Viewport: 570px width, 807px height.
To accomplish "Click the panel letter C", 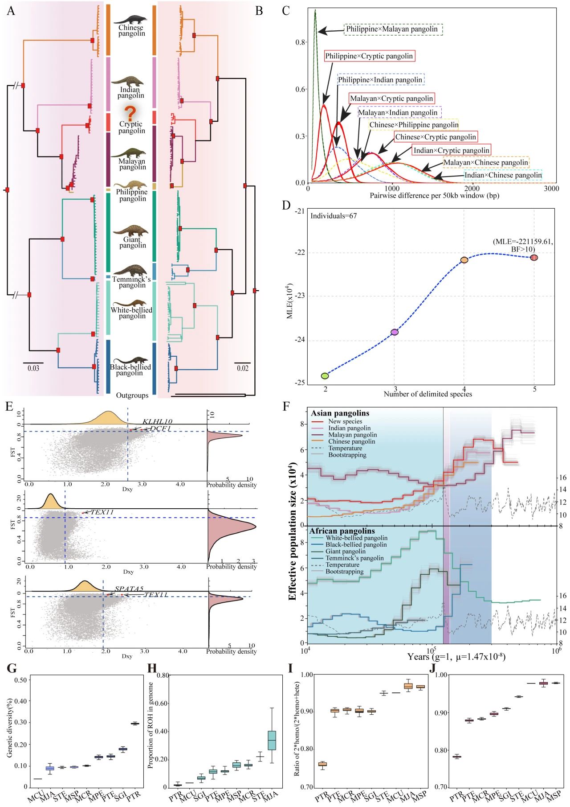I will point(286,10).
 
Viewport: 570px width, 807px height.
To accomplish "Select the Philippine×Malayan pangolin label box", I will point(392,29).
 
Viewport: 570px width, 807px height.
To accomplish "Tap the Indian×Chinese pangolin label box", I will point(503,175).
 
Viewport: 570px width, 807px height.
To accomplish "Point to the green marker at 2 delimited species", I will point(325,376).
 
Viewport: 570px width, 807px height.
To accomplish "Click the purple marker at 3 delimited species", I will point(394,332).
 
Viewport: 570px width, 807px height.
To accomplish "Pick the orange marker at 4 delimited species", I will point(464,260).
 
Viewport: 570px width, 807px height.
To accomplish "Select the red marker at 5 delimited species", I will point(534,258).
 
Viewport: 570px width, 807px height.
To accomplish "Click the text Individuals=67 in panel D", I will point(334,216).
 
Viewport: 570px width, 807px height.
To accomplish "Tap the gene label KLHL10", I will point(157,422).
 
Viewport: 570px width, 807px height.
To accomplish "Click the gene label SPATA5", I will point(129,589).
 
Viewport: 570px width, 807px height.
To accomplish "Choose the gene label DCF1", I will point(160,428).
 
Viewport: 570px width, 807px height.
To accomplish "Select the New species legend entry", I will point(345,421).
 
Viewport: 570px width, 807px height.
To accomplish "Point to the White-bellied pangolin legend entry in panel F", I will point(356,538).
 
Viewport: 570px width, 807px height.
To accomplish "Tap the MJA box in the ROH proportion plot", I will point(272,741).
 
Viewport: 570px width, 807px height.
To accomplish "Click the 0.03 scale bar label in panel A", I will point(33,368).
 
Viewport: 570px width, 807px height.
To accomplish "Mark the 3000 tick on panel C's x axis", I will point(551,189).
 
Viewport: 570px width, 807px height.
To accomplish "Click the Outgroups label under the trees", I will point(132,395).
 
